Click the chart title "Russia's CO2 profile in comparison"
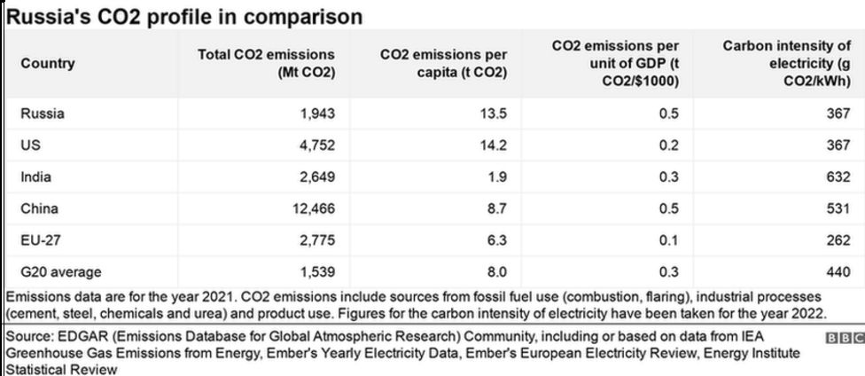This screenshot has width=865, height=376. click(x=184, y=17)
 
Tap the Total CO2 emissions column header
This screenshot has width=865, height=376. click(x=266, y=64)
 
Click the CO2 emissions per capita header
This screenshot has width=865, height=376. click(x=443, y=64)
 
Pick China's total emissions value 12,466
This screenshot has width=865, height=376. click(x=310, y=208)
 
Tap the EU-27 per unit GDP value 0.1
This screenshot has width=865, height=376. click(x=669, y=239)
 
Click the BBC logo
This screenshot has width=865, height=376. click(x=842, y=339)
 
